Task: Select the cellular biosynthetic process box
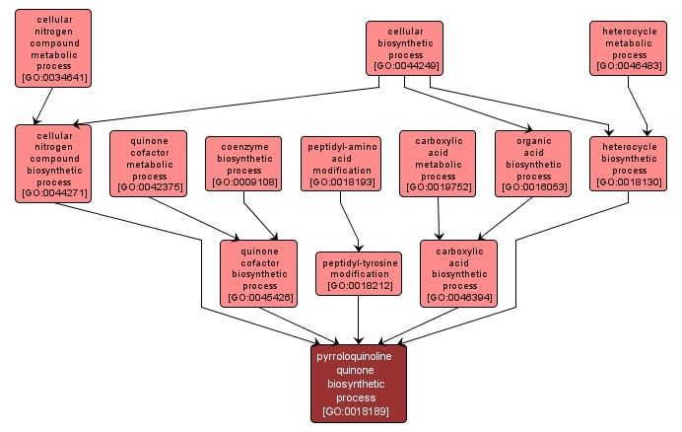point(404,48)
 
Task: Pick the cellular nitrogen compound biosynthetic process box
point(53,162)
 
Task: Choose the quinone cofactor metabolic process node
point(148,162)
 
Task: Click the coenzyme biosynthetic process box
point(243,163)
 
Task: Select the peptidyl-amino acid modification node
point(339,163)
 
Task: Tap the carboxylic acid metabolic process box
point(437,162)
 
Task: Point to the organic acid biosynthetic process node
point(532,162)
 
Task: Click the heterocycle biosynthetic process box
point(629,163)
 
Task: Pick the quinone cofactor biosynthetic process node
point(259,273)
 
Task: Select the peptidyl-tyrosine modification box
point(358,273)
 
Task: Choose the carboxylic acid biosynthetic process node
point(458,273)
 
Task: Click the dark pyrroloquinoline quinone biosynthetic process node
point(359,383)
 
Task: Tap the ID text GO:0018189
point(359,411)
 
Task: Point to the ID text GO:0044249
point(404,67)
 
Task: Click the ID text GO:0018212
point(358,285)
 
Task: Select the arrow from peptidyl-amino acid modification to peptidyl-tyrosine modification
point(350,221)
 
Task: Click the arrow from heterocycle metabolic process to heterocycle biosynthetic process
point(639,105)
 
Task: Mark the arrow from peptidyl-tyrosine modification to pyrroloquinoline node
point(358,320)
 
